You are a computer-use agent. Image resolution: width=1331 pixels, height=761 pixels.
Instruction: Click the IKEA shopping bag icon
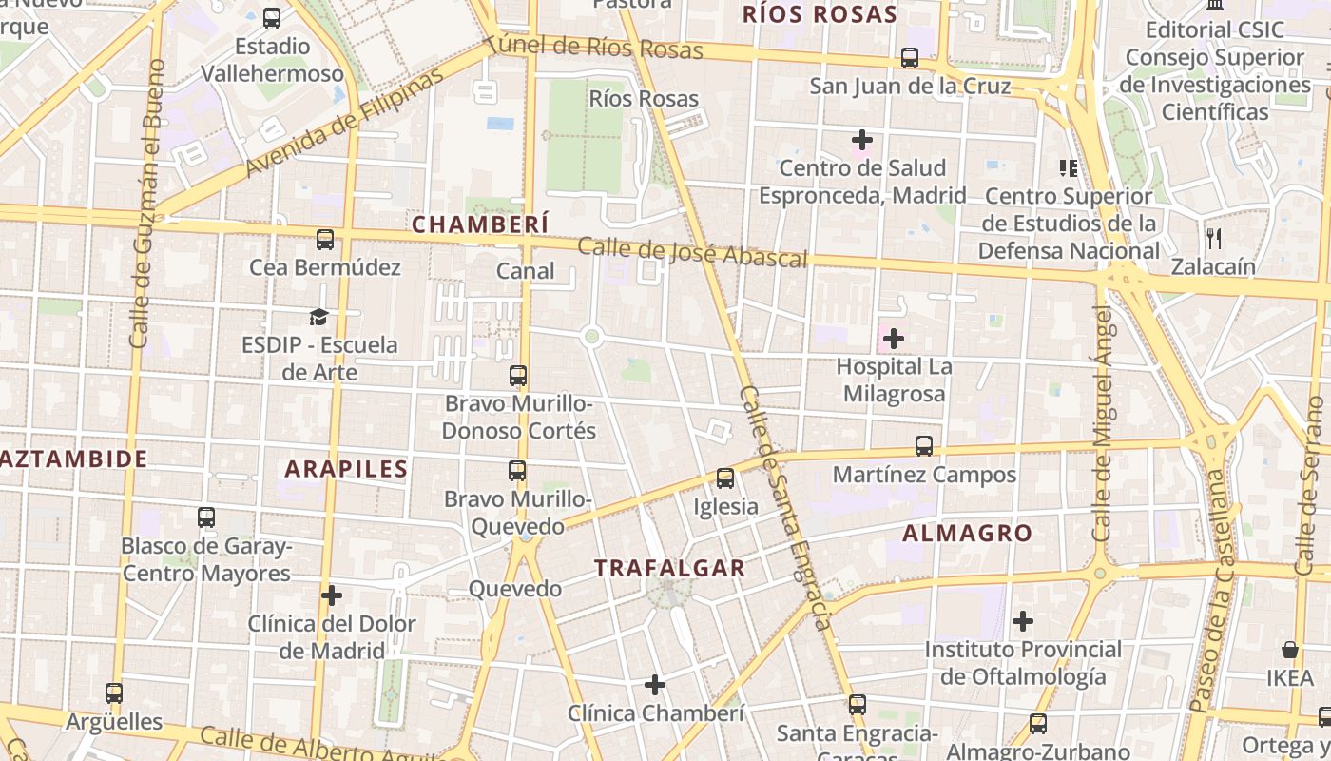(1290, 650)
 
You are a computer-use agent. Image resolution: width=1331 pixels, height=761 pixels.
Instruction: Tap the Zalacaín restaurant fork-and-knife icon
(1213, 238)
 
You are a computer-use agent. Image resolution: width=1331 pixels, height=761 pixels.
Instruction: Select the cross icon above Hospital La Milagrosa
(894, 338)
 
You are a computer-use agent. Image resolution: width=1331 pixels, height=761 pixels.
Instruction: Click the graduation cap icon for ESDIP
(318, 317)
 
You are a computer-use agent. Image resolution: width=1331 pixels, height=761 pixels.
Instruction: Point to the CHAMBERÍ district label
(480, 224)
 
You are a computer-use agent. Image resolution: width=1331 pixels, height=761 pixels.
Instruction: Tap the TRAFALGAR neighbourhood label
(670, 568)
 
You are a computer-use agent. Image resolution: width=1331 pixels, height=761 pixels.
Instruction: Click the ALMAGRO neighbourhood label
(967, 534)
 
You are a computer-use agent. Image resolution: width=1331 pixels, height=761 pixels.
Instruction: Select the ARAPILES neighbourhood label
(346, 468)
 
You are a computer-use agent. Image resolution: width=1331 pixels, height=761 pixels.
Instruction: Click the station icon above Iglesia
(725, 478)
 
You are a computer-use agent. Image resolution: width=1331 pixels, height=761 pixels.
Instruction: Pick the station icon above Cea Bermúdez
(325, 240)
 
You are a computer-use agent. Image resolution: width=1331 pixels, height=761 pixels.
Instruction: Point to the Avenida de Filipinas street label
(344, 124)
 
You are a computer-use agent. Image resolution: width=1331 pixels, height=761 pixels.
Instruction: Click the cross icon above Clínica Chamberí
(655, 685)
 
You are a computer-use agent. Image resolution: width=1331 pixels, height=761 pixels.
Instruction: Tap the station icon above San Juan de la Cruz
(910, 58)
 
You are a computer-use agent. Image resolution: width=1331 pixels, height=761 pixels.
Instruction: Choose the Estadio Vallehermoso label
(273, 59)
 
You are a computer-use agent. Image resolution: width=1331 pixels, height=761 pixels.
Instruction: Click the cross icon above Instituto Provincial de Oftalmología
(1023, 622)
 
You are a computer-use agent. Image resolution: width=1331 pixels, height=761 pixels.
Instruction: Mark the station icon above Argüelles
(114, 693)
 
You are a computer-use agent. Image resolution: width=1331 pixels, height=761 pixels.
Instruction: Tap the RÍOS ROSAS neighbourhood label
(820, 14)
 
